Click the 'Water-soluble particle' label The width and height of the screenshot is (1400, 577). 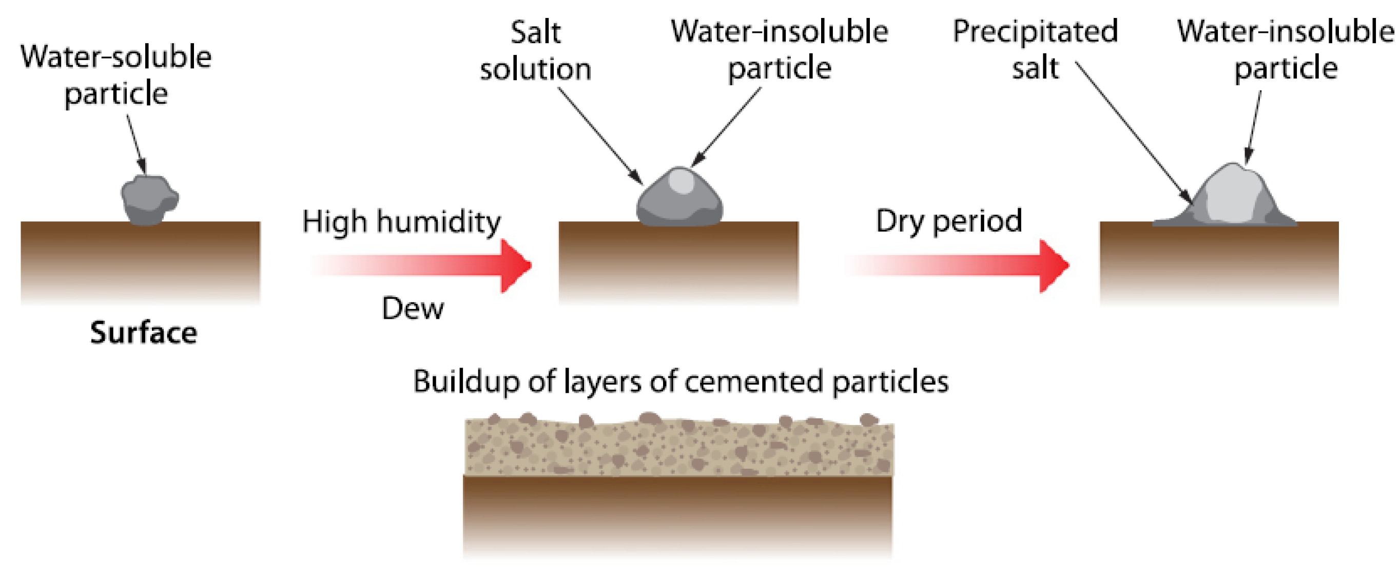(x=116, y=75)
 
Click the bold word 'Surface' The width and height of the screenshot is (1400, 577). (x=144, y=332)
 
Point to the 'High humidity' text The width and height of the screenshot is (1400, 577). (x=401, y=222)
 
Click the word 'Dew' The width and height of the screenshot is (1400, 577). (x=413, y=309)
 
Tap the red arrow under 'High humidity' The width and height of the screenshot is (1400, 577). (x=424, y=265)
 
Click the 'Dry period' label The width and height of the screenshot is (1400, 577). (x=949, y=221)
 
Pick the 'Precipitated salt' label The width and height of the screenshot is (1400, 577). (x=1035, y=49)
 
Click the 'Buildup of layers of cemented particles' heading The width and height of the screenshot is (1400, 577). (x=680, y=381)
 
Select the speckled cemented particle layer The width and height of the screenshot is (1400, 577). (x=679, y=446)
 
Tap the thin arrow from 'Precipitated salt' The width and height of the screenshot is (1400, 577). (x=1133, y=133)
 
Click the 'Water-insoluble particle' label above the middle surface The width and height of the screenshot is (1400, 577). (x=780, y=49)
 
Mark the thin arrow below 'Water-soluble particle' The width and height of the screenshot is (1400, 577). (x=137, y=144)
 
